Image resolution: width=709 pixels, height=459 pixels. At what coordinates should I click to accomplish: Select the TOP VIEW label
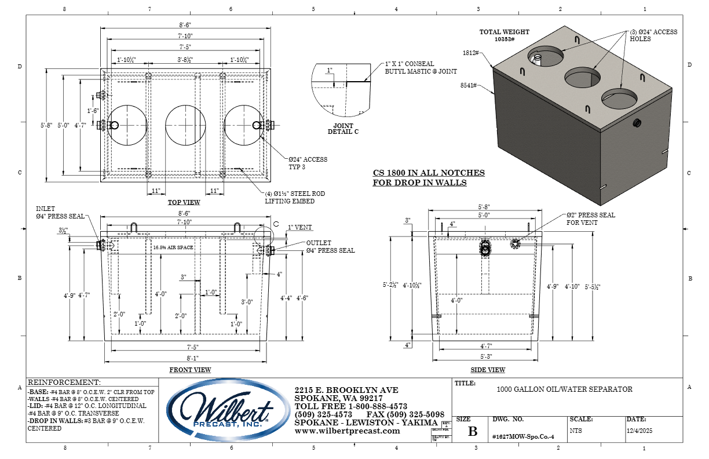click(x=184, y=202)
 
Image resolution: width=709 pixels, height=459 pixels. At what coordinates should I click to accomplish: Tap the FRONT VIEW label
click(x=190, y=370)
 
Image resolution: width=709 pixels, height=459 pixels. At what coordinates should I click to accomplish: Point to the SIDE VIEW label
click(x=488, y=370)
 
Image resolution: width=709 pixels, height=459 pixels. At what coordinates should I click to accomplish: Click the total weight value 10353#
click(x=505, y=39)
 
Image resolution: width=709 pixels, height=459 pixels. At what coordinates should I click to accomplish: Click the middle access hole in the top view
click(x=185, y=126)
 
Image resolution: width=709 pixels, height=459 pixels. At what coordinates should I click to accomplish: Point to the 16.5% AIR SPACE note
click(x=174, y=247)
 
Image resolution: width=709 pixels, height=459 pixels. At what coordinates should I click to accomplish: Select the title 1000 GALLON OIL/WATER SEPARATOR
click(x=564, y=389)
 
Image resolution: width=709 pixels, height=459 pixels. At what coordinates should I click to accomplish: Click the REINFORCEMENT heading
click(x=64, y=382)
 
